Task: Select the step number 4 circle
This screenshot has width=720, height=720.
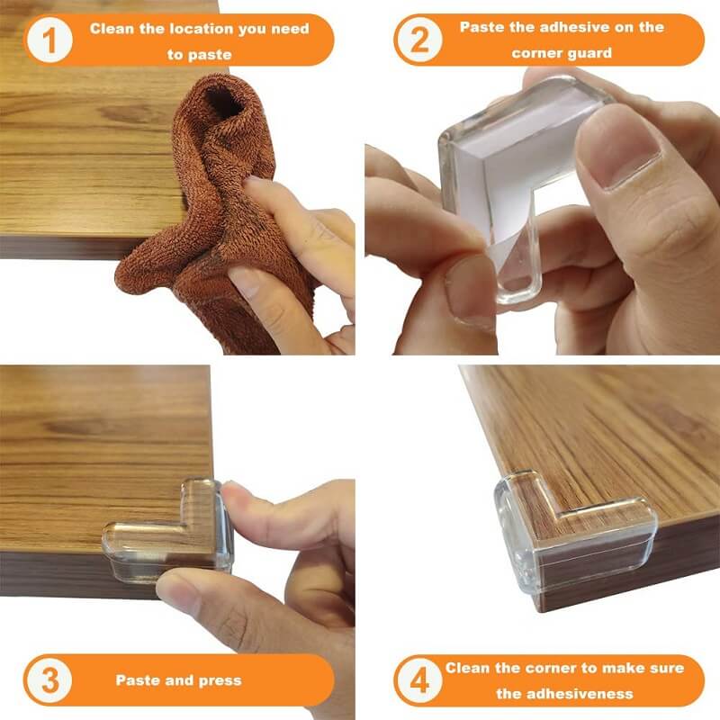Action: point(418,679)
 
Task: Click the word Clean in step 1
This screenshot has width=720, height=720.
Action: point(111,29)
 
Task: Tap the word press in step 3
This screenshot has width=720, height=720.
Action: point(220,679)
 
